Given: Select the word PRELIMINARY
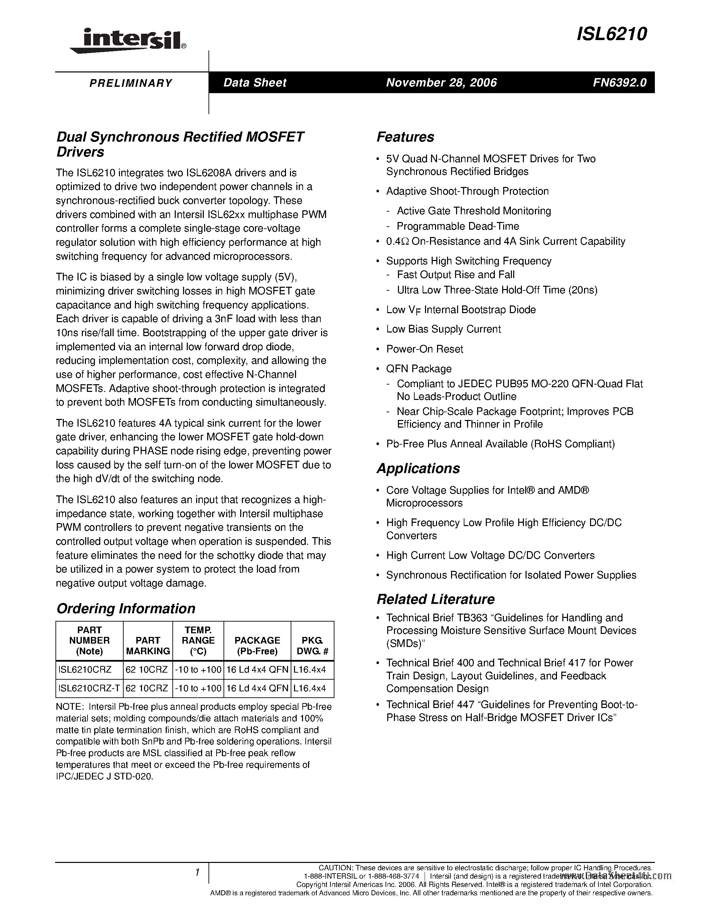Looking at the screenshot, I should pyautogui.click(x=131, y=83).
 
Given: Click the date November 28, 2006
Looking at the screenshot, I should pyautogui.click(x=441, y=82).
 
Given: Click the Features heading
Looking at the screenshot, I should pyautogui.click(x=405, y=137).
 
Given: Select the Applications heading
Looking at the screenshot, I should pyautogui.click(x=418, y=468).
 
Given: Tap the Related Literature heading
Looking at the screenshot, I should pyautogui.click(x=435, y=599).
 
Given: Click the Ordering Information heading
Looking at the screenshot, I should pyautogui.click(x=126, y=608).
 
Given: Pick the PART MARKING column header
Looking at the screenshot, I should pyautogui.click(x=148, y=646).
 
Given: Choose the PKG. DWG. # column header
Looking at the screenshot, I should pyautogui.click(x=312, y=646).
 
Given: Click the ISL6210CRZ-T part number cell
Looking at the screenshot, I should pyautogui.click(x=89, y=688).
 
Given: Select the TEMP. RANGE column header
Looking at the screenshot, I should pyautogui.click(x=198, y=641).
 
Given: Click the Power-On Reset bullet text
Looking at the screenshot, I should pyautogui.click(x=424, y=349).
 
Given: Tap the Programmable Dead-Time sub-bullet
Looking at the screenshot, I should pyautogui.click(x=458, y=226).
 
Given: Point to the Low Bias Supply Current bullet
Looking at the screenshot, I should pyautogui.click(x=443, y=329).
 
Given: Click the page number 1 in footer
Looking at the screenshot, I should pyautogui.click(x=197, y=873).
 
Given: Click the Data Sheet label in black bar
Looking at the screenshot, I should pyautogui.click(x=255, y=82).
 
